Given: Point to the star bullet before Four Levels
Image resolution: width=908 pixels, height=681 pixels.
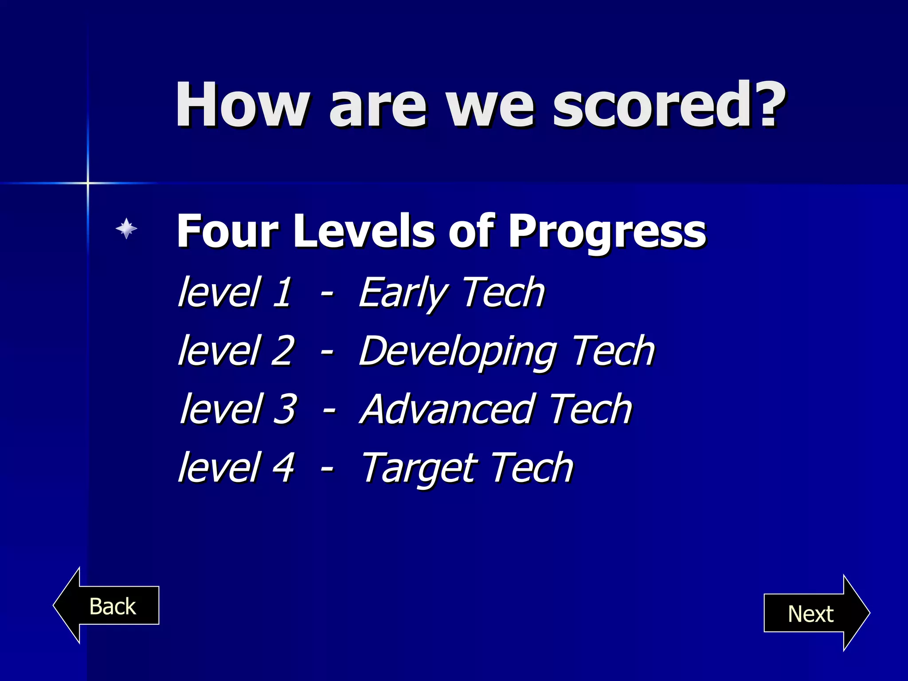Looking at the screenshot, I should pos(126,228).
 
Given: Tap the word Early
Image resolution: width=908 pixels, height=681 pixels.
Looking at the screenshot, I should pos(403,293).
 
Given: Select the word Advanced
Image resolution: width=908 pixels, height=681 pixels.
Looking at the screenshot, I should pos(448,409).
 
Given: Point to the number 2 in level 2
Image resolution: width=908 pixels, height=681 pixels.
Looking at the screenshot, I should pos(282,351).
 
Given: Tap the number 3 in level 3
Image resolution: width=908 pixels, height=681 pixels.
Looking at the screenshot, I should pos(285,409).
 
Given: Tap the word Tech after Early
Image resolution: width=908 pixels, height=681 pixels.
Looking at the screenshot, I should pos(503,292).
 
